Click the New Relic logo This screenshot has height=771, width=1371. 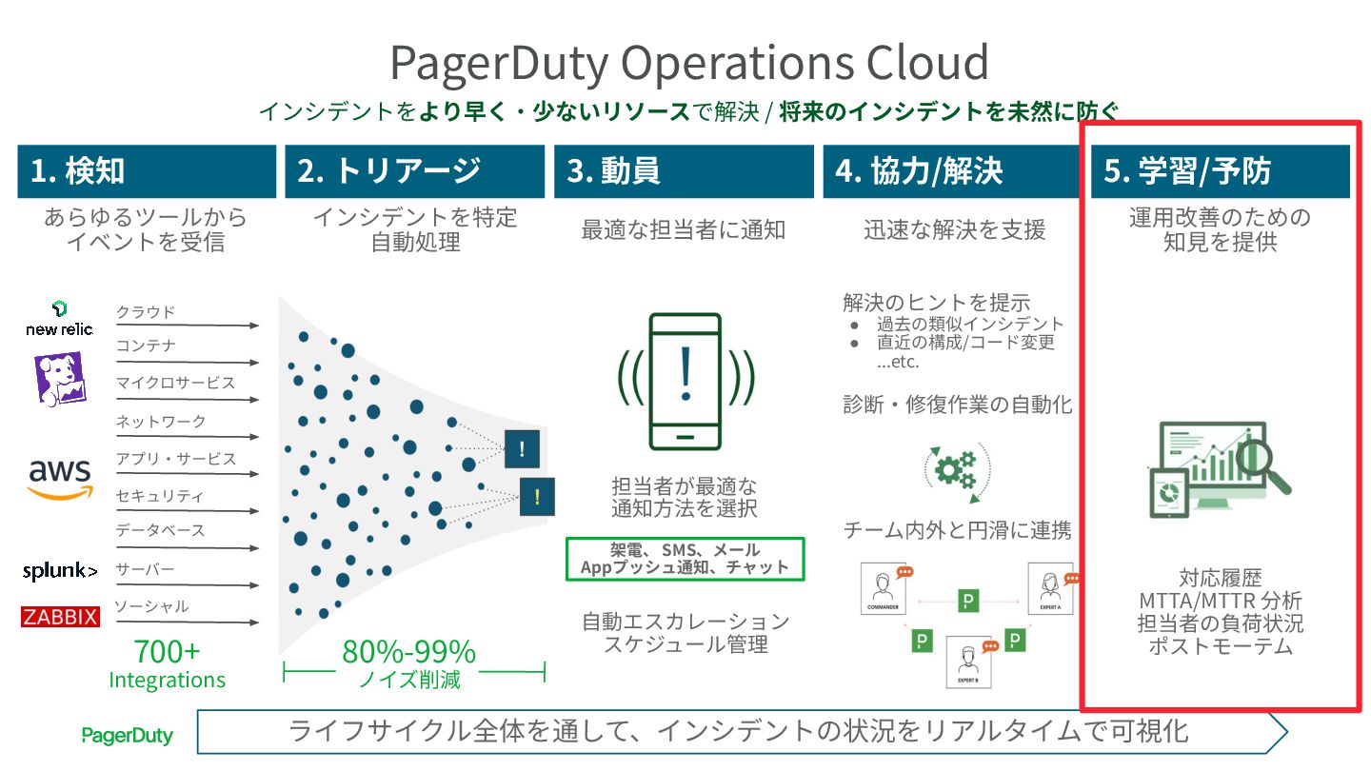[x=59, y=319]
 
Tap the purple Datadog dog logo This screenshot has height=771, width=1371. [x=59, y=379]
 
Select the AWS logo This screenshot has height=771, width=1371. [x=60, y=476]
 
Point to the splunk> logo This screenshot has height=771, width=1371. [x=60, y=571]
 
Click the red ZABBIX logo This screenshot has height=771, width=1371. [x=60, y=618]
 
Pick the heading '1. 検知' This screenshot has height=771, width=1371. [x=78, y=171]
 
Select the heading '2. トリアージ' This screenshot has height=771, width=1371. [x=388, y=171]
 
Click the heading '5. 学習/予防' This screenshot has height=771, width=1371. [x=1188, y=171]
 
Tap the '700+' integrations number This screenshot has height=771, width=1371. [x=167, y=652]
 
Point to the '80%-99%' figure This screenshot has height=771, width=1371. [x=408, y=652]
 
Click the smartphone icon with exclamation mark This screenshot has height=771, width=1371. [x=685, y=380]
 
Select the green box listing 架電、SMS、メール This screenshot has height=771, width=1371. [x=685, y=559]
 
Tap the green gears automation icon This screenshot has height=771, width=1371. [x=955, y=468]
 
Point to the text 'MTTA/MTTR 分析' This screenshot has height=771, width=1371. [x=1220, y=602]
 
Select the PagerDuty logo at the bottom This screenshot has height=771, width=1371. [x=127, y=735]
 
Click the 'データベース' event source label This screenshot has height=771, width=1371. [x=160, y=531]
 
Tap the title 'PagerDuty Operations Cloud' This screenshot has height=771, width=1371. [x=688, y=63]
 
